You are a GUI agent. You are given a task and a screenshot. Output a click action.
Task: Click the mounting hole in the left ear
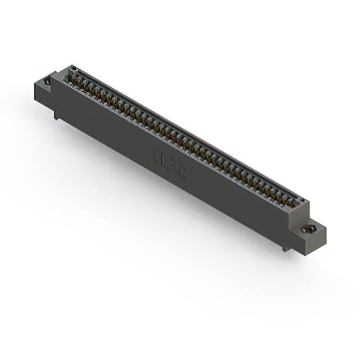click(x=47, y=82)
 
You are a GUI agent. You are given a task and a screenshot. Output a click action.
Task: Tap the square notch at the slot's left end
click(x=73, y=71)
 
